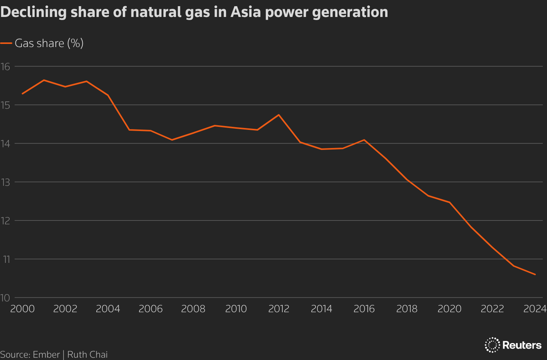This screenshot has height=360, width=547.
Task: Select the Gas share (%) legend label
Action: tap(49, 43)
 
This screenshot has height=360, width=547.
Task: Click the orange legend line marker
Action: tap(6, 43)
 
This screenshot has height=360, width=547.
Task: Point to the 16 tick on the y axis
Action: tap(5, 67)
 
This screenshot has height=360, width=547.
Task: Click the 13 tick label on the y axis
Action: tap(5, 182)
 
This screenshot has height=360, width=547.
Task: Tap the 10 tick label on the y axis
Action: tap(5, 298)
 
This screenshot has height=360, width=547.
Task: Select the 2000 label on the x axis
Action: tap(22, 309)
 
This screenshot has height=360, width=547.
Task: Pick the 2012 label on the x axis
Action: tap(279, 309)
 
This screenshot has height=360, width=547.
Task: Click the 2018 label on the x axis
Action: tap(407, 309)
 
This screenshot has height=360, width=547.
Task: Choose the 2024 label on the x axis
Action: tap(535, 309)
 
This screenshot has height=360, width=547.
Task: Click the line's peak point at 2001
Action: tap(44, 80)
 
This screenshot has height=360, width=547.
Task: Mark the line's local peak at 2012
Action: tap(279, 115)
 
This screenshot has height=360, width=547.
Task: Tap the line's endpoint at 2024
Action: tap(535, 274)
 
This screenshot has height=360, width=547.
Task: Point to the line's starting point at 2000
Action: tap(22, 94)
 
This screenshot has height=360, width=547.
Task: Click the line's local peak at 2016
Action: tap(364, 140)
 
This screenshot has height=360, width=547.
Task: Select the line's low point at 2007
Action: tap(172, 140)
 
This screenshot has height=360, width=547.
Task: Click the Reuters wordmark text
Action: tap(522, 345)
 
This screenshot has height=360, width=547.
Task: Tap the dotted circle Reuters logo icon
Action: tap(492, 345)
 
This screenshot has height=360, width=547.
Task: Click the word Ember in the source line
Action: tap(46, 355)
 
